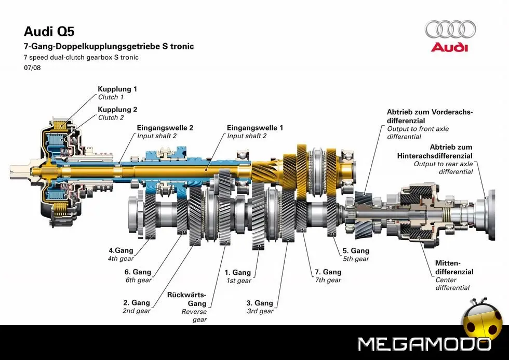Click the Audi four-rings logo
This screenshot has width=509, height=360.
pos(450,30)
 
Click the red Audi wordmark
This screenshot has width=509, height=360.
pos(449,47)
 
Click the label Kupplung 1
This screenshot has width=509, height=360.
pos(117,89)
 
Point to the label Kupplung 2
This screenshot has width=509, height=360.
pos(117,110)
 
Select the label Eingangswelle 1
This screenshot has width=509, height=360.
pos(255,127)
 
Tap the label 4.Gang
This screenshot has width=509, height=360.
pos(121,250)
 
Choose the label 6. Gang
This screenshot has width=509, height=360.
pos(138,272)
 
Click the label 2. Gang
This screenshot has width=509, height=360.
pos(137,302)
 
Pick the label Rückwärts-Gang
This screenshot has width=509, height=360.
pos(187,299)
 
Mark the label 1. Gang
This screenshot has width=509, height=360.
pos(237,272)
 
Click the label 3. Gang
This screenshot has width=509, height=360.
pos(260,303)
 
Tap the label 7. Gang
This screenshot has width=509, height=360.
pos(328,272)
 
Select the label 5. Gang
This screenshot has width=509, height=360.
pos(356,250)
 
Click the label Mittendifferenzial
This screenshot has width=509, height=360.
pos(454,267)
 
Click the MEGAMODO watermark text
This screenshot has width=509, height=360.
pos(424,344)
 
